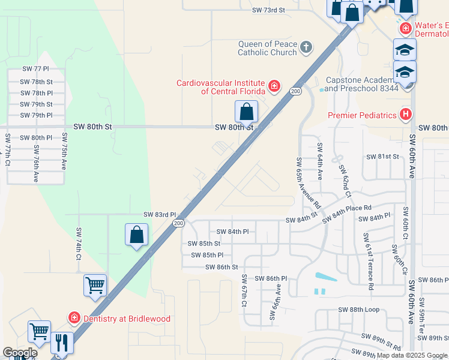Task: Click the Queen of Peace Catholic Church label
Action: click(267, 48)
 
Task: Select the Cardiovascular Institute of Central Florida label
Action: click(220, 87)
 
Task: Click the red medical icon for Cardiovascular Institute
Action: click(274, 86)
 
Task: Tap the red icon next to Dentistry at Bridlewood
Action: click(74, 318)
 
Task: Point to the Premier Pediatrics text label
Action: click(362, 115)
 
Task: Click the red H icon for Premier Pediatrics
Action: click(406, 113)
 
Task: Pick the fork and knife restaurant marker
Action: click(62, 343)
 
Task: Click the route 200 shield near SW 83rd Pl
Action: click(178, 223)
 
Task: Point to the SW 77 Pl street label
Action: click(35, 70)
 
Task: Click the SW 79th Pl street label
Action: click(37, 115)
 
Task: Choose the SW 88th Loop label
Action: click(359, 310)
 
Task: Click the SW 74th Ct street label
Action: click(78, 244)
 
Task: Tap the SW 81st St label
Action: click(383, 157)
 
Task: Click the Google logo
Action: click(20, 353)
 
